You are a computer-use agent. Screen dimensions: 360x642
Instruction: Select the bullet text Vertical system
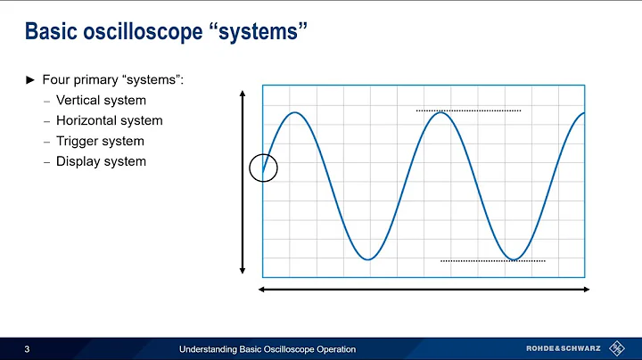(x=101, y=100)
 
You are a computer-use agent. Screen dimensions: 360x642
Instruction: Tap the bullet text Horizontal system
(x=109, y=120)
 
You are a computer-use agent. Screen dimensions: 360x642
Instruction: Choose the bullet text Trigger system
(x=100, y=141)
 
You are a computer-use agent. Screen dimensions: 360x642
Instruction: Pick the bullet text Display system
(x=101, y=161)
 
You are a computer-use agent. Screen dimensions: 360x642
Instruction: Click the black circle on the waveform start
(x=264, y=167)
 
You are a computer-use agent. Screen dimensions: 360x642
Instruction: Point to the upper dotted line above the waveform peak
(x=468, y=110)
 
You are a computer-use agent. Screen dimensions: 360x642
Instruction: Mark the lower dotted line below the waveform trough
(x=492, y=261)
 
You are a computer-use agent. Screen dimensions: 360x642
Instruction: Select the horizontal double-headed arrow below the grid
(x=424, y=290)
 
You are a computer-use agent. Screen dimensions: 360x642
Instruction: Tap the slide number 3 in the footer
(x=29, y=348)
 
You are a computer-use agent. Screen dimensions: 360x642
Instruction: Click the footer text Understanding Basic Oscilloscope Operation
(x=267, y=348)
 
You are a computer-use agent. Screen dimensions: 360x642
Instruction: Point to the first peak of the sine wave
(x=294, y=112)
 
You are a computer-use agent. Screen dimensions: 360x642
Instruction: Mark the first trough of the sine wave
(x=367, y=259)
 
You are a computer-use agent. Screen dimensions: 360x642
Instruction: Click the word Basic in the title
(x=52, y=33)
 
